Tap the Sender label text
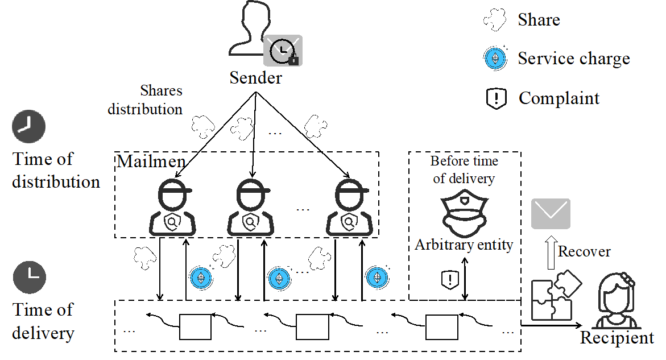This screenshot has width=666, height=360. tap(255, 78)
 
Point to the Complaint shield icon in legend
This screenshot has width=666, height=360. tap(497, 98)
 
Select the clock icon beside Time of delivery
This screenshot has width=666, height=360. tap(29, 277)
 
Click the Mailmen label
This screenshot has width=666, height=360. tap(151, 162)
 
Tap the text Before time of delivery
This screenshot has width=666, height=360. tap(464, 169)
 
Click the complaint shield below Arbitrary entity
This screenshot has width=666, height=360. tap(450, 279)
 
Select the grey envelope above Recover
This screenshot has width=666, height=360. tap(551, 214)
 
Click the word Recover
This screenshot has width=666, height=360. tap(584, 251)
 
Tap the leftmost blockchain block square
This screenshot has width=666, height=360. tap(195, 326)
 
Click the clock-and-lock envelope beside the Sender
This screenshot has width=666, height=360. tap(283, 50)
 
